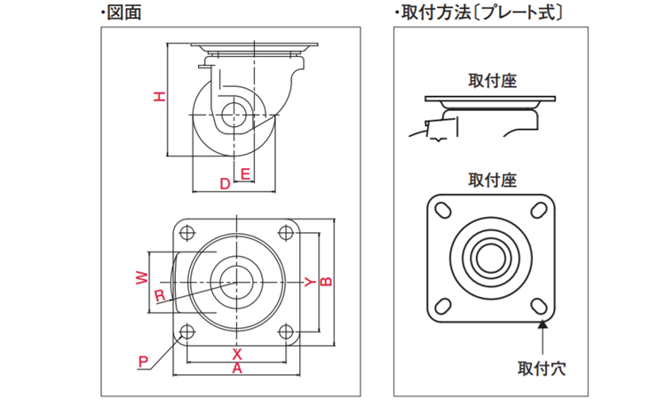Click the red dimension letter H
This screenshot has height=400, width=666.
pyautogui.click(x=159, y=97)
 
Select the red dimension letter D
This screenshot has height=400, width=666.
pyautogui.click(x=225, y=183)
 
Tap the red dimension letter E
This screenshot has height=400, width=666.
pyautogui.click(x=245, y=172)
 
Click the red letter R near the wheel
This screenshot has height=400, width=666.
pyautogui.click(x=159, y=296)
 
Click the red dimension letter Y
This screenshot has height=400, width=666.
pyautogui.click(x=307, y=282)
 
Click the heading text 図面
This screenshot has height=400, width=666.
pyautogui.click(x=124, y=12)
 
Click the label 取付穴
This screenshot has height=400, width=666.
pyautogui.click(x=543, y=365)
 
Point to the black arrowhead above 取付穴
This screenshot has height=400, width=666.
pyautogui.click(x=543, y=326)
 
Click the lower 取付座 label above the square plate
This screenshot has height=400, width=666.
pyautogui.click(x=492, y=180)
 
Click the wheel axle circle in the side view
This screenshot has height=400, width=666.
pyautogui.click(x=235, y=114)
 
